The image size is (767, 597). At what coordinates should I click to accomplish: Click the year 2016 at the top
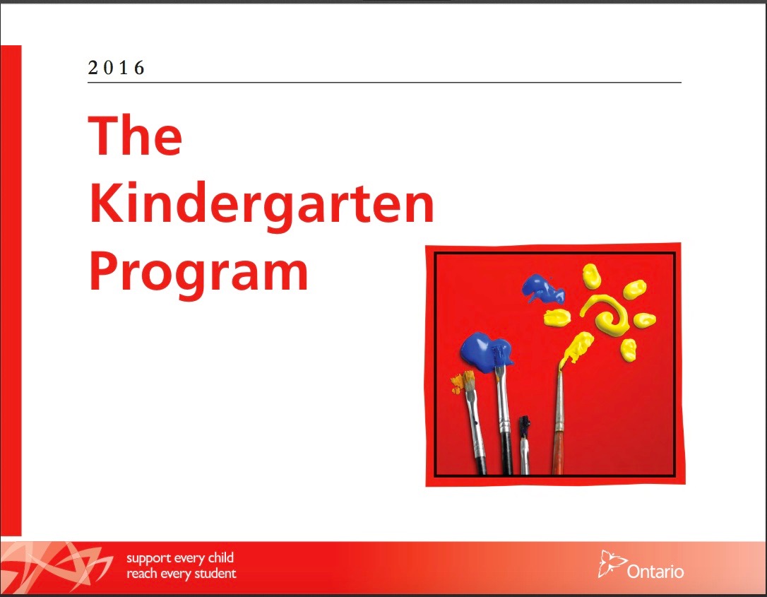(x=117, y=68)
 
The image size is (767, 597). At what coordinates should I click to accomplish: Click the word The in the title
(x=135, y=136)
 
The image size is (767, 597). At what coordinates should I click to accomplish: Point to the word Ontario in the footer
(x=655, y=570)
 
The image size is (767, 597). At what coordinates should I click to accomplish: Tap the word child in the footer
(x=220, y=558)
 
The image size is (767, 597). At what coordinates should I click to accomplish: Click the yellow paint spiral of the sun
(x=607, y=315)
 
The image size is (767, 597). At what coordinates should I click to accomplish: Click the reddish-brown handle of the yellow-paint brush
(x=558, y=452)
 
